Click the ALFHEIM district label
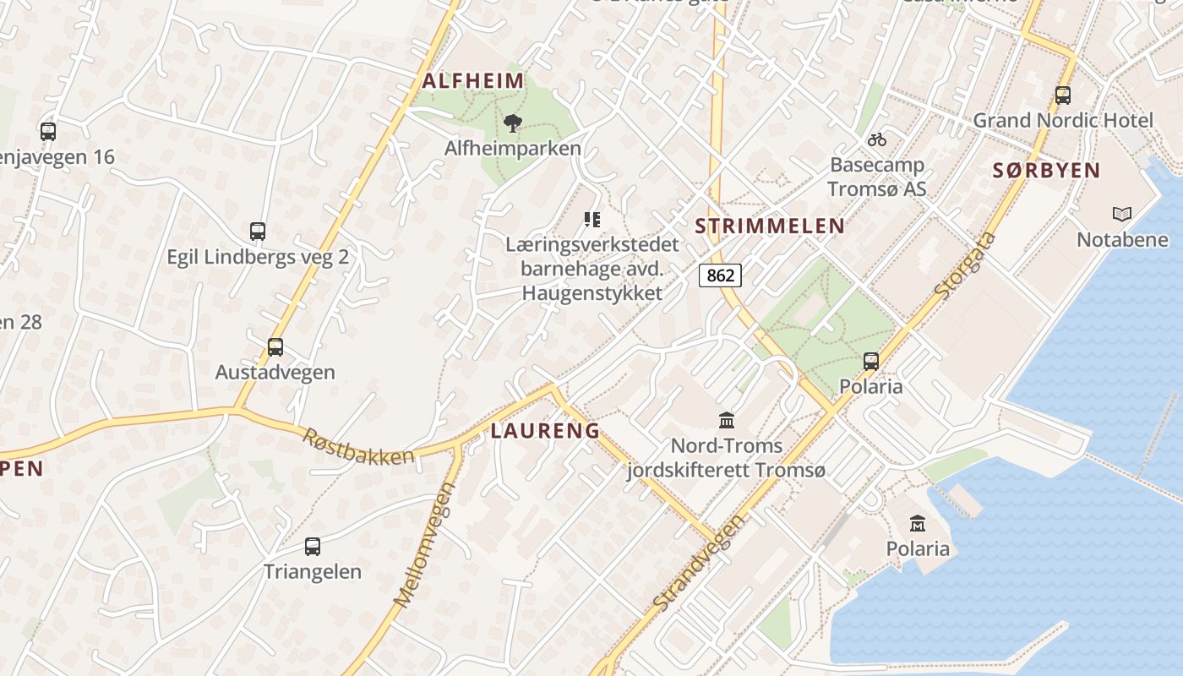pos(473,81)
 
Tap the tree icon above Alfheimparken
pos(512,124)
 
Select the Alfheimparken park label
pos(513,149)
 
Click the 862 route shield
pos(721,275)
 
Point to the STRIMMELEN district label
pos(769,226)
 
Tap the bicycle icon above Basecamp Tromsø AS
pos(877,139)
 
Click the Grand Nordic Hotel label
pos(1063,120)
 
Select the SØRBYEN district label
pos(1046,171)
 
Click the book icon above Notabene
pos(1122,215)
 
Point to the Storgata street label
pos(966,264)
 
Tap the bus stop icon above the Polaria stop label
pos(871,362)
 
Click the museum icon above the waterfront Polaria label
pos(918,524)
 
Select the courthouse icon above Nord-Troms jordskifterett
pos(727,420)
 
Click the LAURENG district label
pos(545,431)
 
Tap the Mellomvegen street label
pos(425,544)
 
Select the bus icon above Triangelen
pos(313,547)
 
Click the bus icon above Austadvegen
pos(275,347)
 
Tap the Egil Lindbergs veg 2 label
pos(258,257)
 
